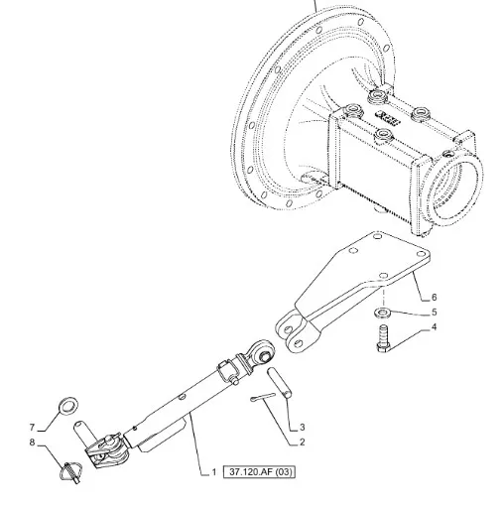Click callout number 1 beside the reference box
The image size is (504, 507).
[214, 472]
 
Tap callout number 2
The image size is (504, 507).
[302, 442]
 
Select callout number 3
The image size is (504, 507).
[302, 428]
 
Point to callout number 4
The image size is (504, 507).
[434, 327]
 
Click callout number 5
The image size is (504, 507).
[434, 312]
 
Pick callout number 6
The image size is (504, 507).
[434, 297]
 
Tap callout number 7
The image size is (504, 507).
[32, 428]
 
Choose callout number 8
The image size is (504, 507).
[32, 443]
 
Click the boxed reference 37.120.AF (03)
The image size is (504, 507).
[259, 472]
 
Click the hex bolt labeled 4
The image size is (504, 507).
[384, 339]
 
